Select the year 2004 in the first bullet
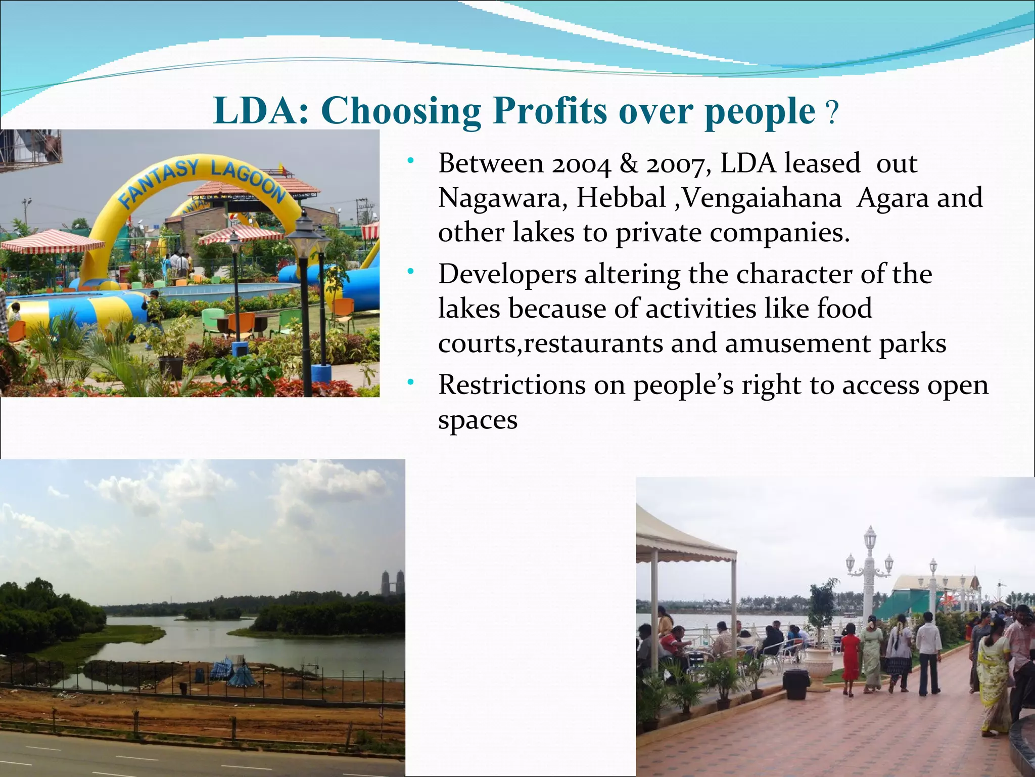point(582,164)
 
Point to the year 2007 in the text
point(678,164)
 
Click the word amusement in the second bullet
point(797,343)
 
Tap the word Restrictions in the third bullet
point(511,385)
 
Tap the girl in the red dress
point(851,658)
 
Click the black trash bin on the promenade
point(796,683)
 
